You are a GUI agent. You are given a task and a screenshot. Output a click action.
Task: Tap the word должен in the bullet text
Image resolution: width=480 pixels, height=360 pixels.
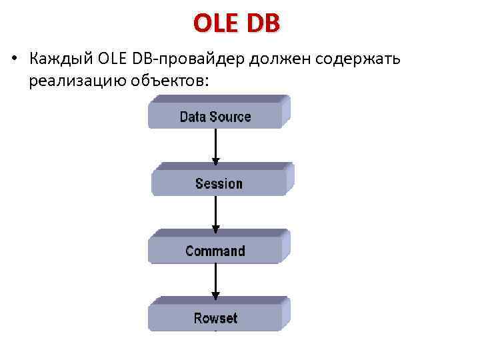pos(277,59)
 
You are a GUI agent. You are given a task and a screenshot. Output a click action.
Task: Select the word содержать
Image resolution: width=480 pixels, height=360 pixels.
pos(356,59)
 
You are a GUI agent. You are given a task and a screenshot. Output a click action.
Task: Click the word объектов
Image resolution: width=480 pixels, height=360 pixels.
pos(172,81)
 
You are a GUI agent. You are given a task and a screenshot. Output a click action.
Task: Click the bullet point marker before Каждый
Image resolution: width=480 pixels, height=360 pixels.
pos(13,59)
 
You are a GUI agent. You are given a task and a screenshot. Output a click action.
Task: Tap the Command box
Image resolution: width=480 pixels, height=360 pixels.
pos(216,250)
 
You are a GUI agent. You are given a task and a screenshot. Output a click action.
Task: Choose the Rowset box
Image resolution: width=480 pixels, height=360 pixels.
pos(216,317)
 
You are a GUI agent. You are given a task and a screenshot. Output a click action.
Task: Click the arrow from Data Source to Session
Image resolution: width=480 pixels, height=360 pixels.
pos(215,145)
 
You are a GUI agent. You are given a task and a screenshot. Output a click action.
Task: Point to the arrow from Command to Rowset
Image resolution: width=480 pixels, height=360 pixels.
pos(215,280)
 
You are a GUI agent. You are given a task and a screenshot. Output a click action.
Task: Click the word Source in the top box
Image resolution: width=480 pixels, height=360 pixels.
pos(230,117)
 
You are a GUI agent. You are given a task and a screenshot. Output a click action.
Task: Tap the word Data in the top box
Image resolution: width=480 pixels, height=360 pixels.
pos(193,117)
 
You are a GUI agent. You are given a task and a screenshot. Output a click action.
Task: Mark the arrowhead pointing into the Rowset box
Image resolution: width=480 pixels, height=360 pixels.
pos(215,295)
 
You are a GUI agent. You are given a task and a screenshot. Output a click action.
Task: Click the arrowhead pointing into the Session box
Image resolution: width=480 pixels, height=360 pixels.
pos(215,161)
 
